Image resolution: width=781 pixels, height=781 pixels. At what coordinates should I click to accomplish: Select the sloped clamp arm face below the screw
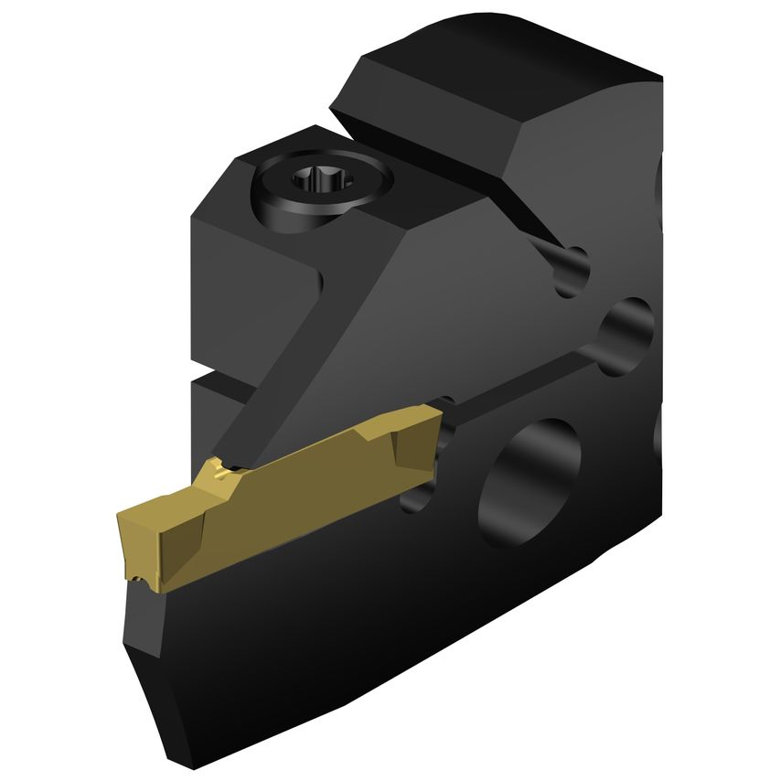pos(384,302)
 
